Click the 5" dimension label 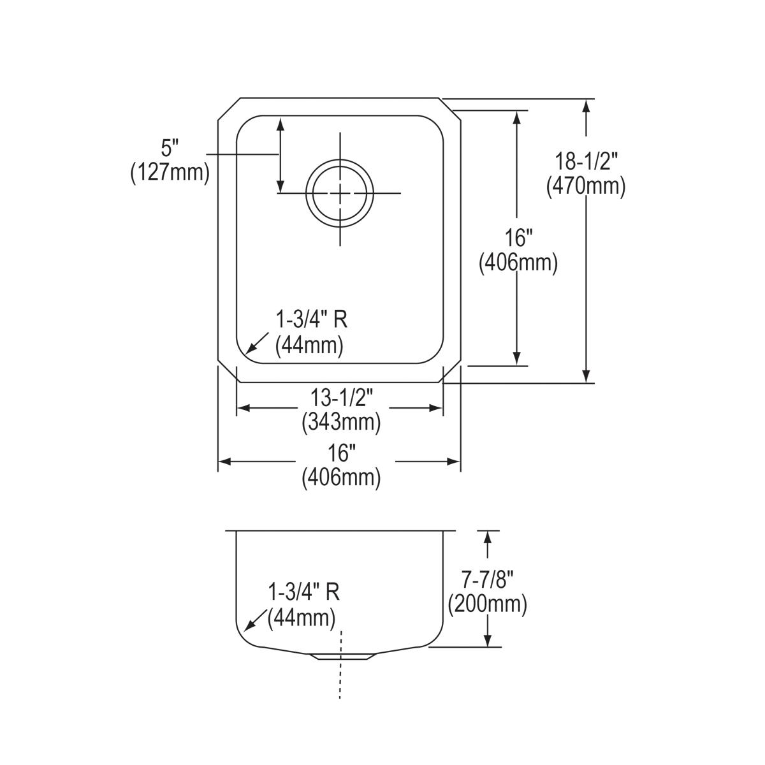pyautogui.click(x=170, y=150)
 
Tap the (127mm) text pyautogui.click(x=170, y=173)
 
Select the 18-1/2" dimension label pyautogui.click(x=585, y=162)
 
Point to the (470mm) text pyautogui.click(x=585, y=186)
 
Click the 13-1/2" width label pyautogui.click(x=341, y=398)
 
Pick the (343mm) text pyautogui.click(x=341, y=421)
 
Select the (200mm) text pyautogui.click(x=488, y=604)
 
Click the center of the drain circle pyautogui.click(x=340, y=193)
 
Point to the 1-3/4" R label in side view pyautogui.click(x=303, y=592)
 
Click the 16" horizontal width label pyautogui.click(x=341, y=453)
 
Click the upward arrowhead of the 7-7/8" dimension pyautogui.click(x=488, y=537)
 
